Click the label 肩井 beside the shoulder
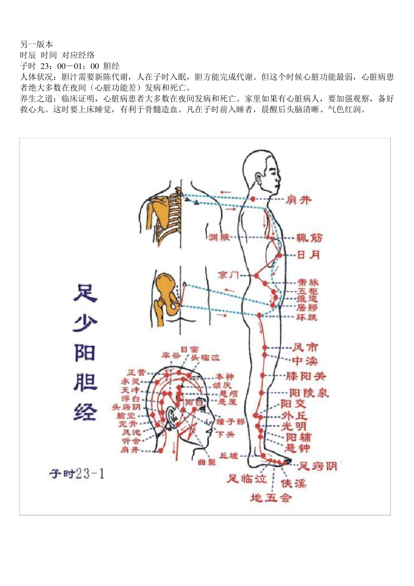click(x=299, y=200)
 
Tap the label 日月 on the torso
click(x=309, y=255)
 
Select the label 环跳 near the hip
click(x=307, y=317)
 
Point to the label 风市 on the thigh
click(x=305, y=348)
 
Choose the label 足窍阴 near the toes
click(x=318, y=466)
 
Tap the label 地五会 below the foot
click(x=271, y=497)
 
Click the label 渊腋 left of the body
click(x=219, y=237)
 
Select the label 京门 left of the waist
click(x=228, y=275)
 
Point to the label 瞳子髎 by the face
click(x=231, y=422)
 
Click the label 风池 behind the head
click(x=131, y=432)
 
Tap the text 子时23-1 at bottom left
click(x=77, y=474)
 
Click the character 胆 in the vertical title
click(x=85, y=382)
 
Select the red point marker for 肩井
click(x=253, y=199)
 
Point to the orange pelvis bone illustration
click(x=166, y=296)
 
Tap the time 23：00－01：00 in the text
click(x=70, y=66)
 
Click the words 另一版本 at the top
click(x=37, y=44)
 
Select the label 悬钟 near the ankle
click(x=298, y=448)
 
